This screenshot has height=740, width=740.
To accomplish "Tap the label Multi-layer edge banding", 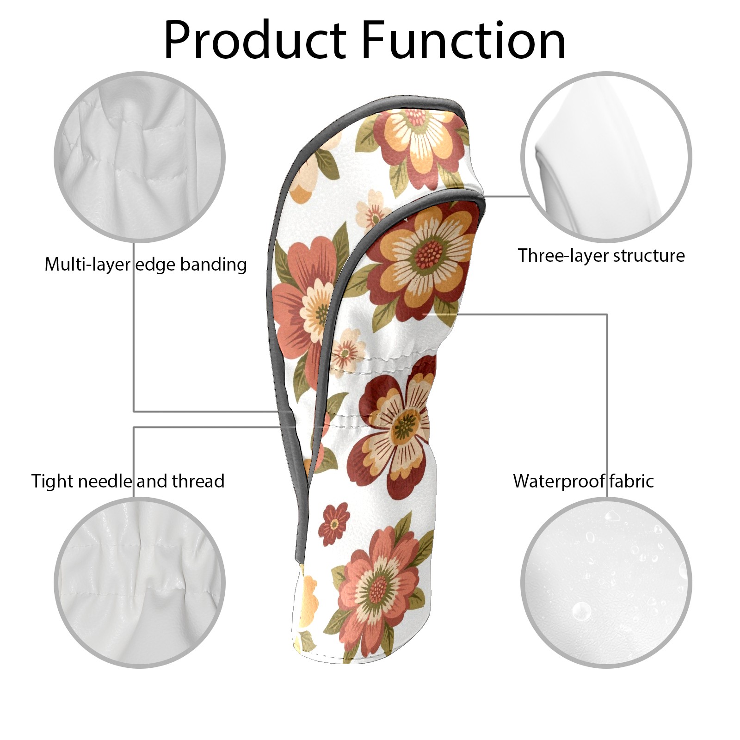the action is (x=146, y=265).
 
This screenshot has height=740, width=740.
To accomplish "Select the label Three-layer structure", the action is (x=601, y=255).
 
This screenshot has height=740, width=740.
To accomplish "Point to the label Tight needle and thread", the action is (x=128, y=481).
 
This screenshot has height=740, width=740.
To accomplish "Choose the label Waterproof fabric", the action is (x=583, y=481).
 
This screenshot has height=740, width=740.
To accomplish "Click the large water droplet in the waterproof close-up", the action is (x=581, y=611).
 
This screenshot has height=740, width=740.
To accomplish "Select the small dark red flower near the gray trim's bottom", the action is (x=336, y=524).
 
